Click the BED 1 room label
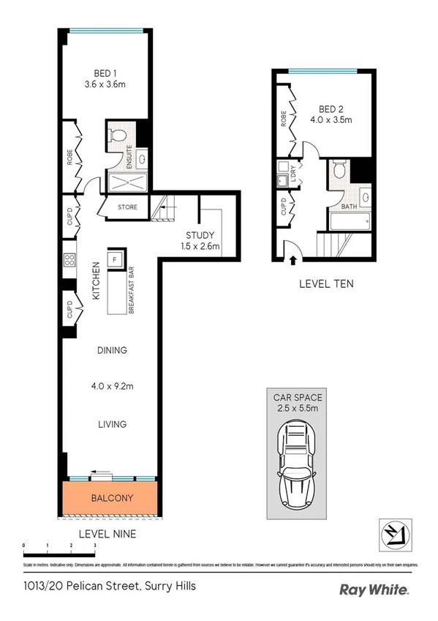click(105, 78)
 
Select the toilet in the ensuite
click(116, 135)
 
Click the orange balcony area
click(111, 498)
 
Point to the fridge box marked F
click(115, 259)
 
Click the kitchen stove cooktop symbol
click(70, 261)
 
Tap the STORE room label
click(127, 207)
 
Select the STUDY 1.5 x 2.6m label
click(200, 240)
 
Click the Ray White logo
click(374, 590)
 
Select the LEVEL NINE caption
click(107, 535)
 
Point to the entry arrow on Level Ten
click(294, 259)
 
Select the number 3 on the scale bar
click(94, 546)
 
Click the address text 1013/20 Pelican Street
click(108, 586)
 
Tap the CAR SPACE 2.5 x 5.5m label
click(298, 403)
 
